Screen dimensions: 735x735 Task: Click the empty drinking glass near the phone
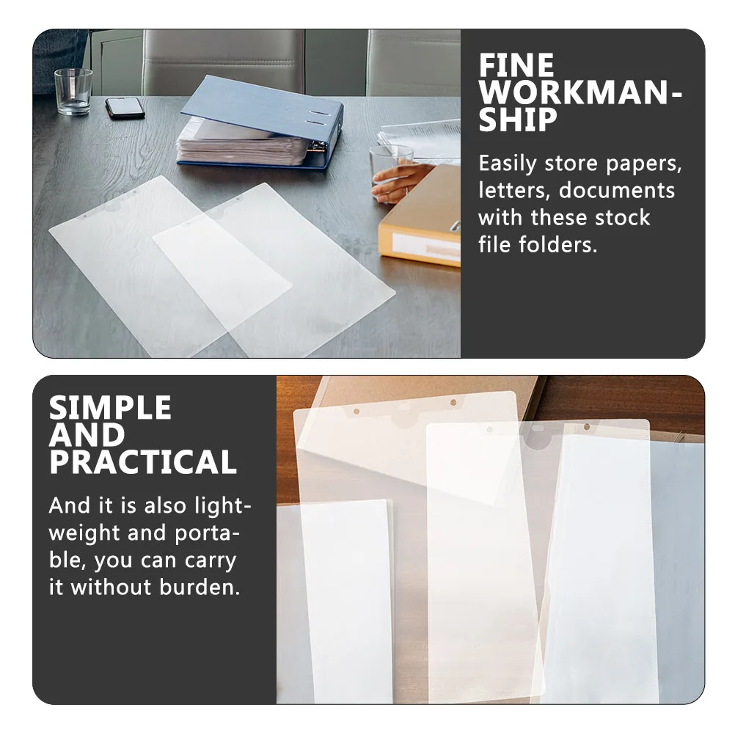(73, 91)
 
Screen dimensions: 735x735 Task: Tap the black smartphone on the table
(125, 107)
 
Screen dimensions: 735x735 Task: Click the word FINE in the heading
(516, 66)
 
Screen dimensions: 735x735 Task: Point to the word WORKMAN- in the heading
(580, 94)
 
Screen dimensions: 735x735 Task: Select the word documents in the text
(616, 191)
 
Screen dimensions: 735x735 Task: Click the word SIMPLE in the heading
(110, 408)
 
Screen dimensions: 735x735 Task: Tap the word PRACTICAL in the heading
(143, 463)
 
